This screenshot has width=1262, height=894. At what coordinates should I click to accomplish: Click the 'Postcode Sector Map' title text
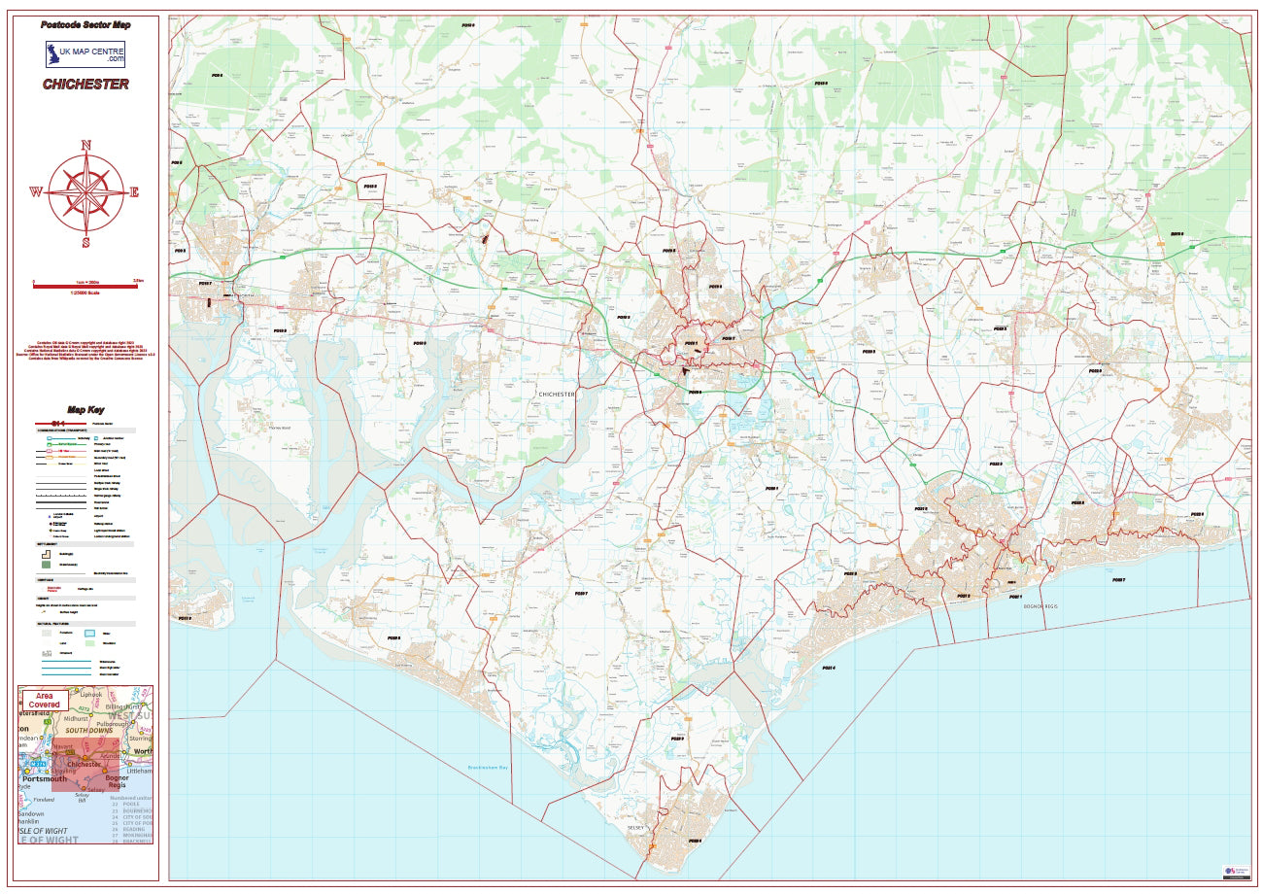pyautogui.click(x=85, y=24)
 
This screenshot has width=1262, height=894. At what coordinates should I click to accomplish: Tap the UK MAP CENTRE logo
pyautogui.click(x=85, y=53)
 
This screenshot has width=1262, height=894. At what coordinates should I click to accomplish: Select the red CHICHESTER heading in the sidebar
pyautogui.click(x=85, y=85)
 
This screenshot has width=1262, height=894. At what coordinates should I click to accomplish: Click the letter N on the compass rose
pyautogui.click(x=85, y=146)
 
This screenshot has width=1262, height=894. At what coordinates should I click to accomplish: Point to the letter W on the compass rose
pyautogui.click(x=36, y=192)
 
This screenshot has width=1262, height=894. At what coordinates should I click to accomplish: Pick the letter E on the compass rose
pyautogui.click(x=134, y=192)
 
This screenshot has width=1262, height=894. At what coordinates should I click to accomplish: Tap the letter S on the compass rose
pyautogui.click(x=85, y=242)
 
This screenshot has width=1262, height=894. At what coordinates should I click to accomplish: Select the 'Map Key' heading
pyautogui.click(x=85, y=409)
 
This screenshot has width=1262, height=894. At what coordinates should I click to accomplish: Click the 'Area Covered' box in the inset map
pyautogui.click(x=43, y=700)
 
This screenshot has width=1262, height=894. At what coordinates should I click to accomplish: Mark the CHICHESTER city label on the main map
pyautogui.click(x=557, y=394)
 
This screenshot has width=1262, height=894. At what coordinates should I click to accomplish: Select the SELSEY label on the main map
pyautogui.click(x=636, y=826)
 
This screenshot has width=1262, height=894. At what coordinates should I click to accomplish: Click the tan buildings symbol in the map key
pyautogui.click(x=46, y=554)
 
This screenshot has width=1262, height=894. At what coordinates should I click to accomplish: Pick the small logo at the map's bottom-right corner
pyautogui.click(x=1234, y=871)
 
